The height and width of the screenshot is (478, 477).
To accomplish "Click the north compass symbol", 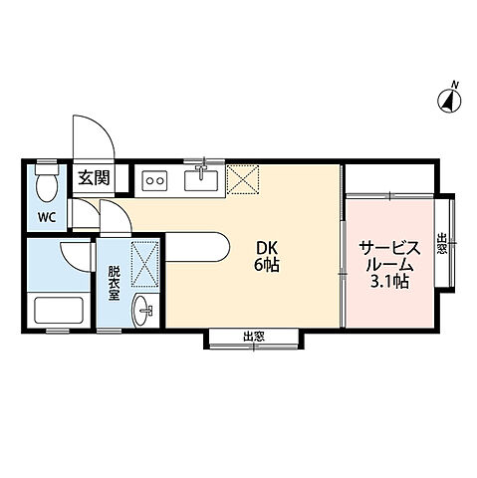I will click(x=449, y=100).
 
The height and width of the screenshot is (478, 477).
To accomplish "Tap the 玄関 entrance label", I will click(x=95, y=179).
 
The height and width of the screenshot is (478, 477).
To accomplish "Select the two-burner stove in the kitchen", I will click(x=155, y=180).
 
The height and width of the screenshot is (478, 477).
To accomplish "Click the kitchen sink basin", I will click(x=203, y=179).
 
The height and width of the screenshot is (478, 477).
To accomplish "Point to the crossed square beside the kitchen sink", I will click(x=243, y=179).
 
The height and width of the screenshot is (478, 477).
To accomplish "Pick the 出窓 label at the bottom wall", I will click(x=254, y=338).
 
